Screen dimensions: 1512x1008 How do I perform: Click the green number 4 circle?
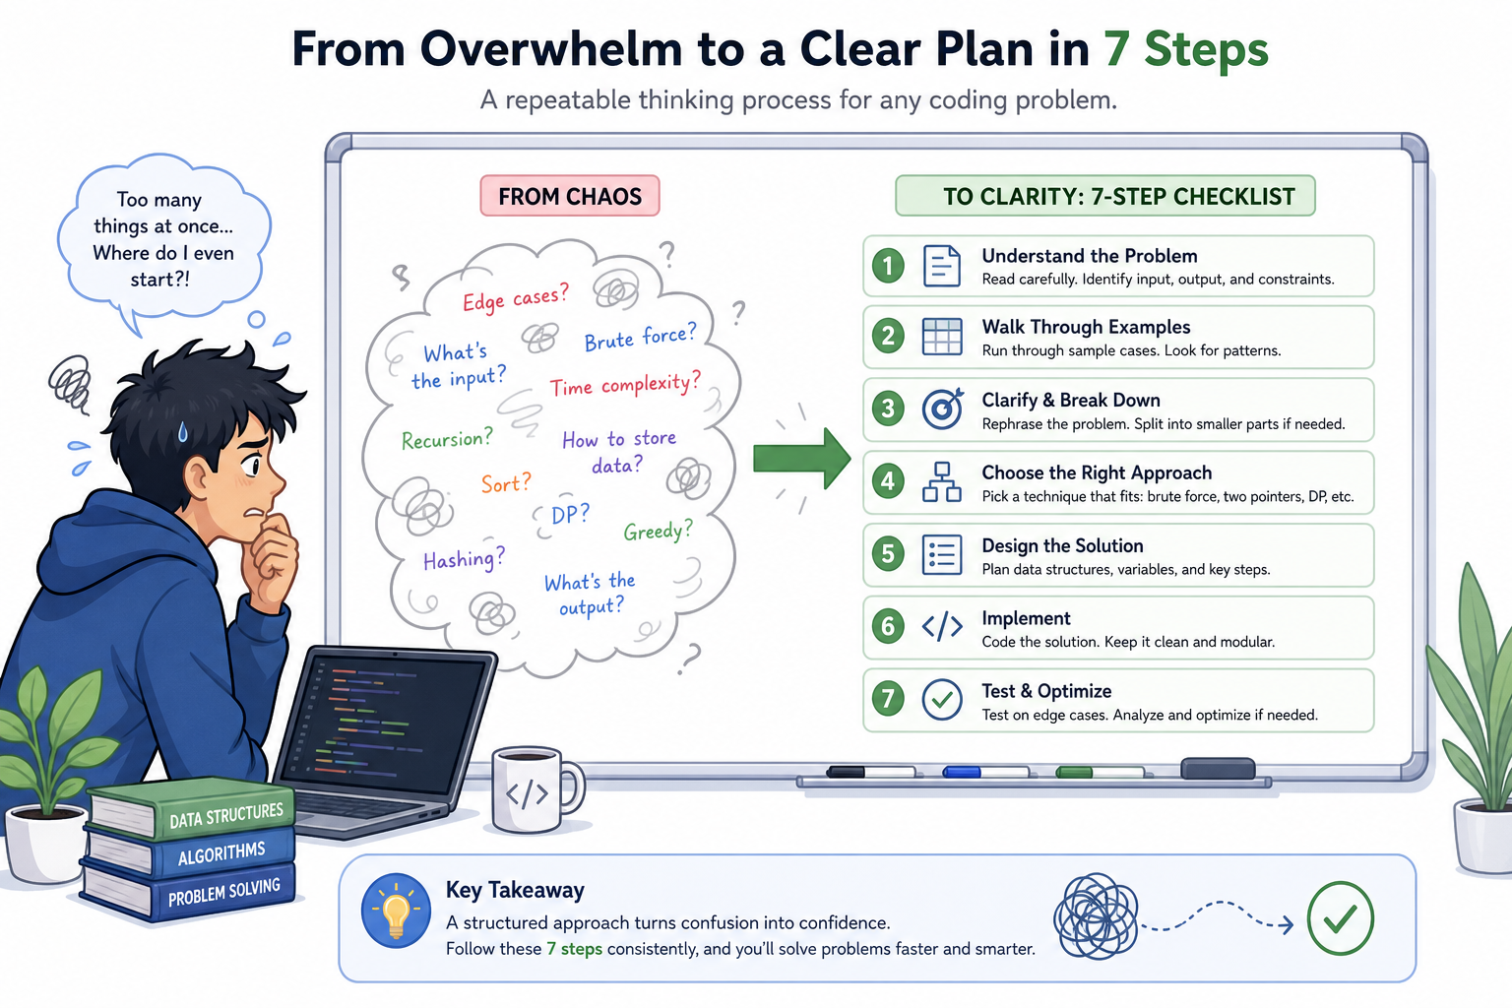click(x=888, y=480)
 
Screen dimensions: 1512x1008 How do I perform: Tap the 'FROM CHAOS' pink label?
click(x=570, y=196)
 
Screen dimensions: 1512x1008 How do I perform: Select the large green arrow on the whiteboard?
click(x=802, y=459)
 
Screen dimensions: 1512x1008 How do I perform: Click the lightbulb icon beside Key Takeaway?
click(x=397, y=911)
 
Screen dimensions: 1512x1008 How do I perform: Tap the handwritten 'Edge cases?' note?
click(x=516, y=297)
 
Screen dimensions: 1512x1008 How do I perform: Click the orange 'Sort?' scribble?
click(x=506, y=482)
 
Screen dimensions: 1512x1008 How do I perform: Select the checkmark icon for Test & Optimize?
click(x=942, y=700)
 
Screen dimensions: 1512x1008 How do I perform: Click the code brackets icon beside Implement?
click(x=942, y=626)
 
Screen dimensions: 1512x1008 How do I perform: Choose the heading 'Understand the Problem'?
click(x=1090, y=256)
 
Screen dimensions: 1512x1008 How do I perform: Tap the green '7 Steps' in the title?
click(x=1186, y=48)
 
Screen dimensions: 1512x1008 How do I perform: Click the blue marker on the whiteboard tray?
click(x=985, y=772)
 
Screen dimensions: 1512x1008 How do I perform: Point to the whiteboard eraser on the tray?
click(x=1218, y=769)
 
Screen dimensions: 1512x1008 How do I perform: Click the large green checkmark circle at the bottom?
click(x=1341, y=917)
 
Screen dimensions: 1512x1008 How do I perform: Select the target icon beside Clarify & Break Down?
click(x=943, y=408)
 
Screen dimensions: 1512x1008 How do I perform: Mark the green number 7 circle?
click(x=888, y=699)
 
